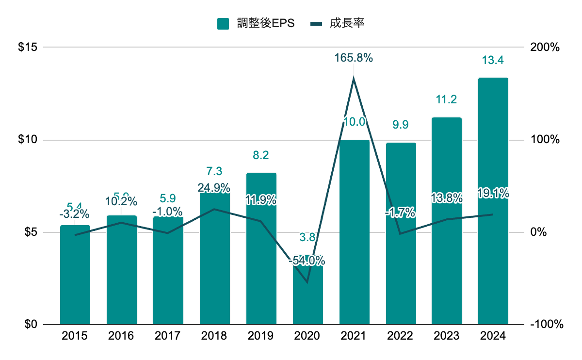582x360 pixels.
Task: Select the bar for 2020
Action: [307, 296]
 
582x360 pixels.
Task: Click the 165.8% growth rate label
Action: [354, 58]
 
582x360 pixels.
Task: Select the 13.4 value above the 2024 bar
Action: [493, 61]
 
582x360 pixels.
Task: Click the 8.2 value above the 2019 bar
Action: [261, 156]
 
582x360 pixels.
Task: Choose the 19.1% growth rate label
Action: [493, 194]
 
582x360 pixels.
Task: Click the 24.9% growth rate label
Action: [214, 188]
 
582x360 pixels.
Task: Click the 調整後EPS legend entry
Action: [256, 23]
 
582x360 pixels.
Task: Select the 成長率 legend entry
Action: [337, 23]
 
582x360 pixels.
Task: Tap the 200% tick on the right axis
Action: [547, 48]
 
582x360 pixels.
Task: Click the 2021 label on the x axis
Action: [354, 336]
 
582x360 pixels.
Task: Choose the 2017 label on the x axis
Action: [168, 336]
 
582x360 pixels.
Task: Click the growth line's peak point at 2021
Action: [354, 78]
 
